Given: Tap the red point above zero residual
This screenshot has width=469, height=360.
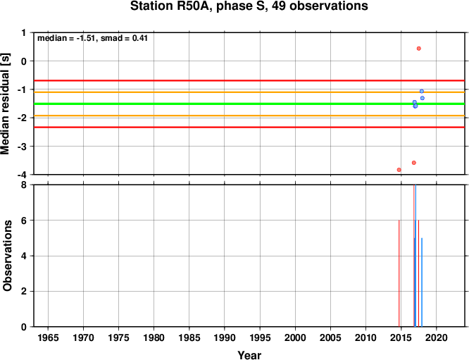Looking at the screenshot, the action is pos(419,49).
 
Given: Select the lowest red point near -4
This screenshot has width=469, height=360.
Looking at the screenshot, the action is pos(399,170).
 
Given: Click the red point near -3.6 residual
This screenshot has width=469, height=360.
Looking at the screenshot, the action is pos(414,163).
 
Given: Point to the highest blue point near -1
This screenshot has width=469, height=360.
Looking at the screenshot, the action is pos(422,92).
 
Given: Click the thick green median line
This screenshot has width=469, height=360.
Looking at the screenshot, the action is pos(249,104).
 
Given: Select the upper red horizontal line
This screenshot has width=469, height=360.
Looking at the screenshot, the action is pos(249,81).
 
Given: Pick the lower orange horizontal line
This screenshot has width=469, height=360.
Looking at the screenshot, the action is pos(249,116).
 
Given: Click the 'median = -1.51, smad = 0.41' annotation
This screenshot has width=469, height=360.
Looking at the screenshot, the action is pos(92,38).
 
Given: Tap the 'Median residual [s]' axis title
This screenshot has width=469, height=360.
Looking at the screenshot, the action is pos(6,104).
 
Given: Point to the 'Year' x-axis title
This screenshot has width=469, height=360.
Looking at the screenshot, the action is pos(249,355).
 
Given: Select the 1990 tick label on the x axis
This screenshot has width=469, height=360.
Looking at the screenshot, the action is pos(225,338).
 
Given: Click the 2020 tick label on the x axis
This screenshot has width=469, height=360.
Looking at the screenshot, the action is pos(437,338).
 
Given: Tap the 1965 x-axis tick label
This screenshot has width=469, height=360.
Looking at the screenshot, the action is pos(48,338).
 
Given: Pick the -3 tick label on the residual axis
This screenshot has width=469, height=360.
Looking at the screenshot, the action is pos(23,147).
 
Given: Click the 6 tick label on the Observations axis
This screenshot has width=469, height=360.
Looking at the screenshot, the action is pos(24,221).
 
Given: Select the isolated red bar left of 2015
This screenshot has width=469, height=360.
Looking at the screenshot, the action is pos(399,273).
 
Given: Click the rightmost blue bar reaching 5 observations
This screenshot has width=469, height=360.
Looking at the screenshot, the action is pos(422,283).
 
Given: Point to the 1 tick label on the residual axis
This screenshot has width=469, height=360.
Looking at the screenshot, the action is pos(24,32).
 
